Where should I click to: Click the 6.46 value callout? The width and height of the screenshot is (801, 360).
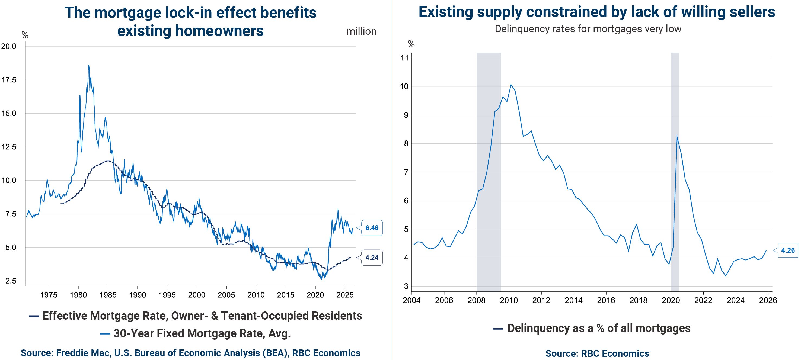(x=372, y=228)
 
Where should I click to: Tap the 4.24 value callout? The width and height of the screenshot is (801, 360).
(x=372, y=258)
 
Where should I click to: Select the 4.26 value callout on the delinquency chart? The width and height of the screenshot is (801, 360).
(x=788, y=250)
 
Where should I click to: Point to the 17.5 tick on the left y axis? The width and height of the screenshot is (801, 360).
(x=9, y=80)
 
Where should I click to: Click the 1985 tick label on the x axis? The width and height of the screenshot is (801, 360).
(x=108, y=295)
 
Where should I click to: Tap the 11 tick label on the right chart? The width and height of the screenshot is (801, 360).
(x=404, y=58)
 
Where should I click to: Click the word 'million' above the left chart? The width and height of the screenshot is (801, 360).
(x=361, y=31)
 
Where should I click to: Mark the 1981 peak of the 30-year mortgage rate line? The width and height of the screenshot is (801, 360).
(x=89, y=65)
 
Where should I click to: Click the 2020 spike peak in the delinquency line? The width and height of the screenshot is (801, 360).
(x=677, y=136)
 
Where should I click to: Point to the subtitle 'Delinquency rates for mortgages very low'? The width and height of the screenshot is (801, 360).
(x=588, y=29)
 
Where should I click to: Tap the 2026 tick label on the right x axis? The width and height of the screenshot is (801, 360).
(x=768, y=300)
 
